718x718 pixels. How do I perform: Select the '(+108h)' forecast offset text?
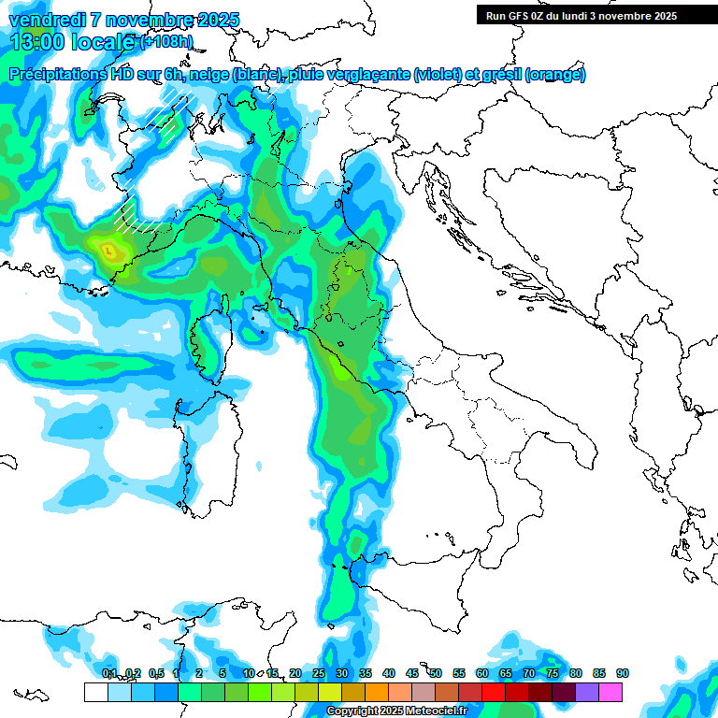click(166, 42)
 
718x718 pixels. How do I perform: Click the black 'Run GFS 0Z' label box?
click(589, 15)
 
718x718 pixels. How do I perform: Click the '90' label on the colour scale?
click(622, 673)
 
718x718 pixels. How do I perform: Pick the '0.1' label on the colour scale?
click(109, 673)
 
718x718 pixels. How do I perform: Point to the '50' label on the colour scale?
click(436, 673)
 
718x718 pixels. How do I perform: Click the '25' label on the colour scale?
click(319, 673)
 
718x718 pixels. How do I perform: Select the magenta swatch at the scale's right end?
click(611, 692)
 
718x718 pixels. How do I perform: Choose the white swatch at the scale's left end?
click(95, 692)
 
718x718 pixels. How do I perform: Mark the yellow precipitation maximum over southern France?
click(108, 250)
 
